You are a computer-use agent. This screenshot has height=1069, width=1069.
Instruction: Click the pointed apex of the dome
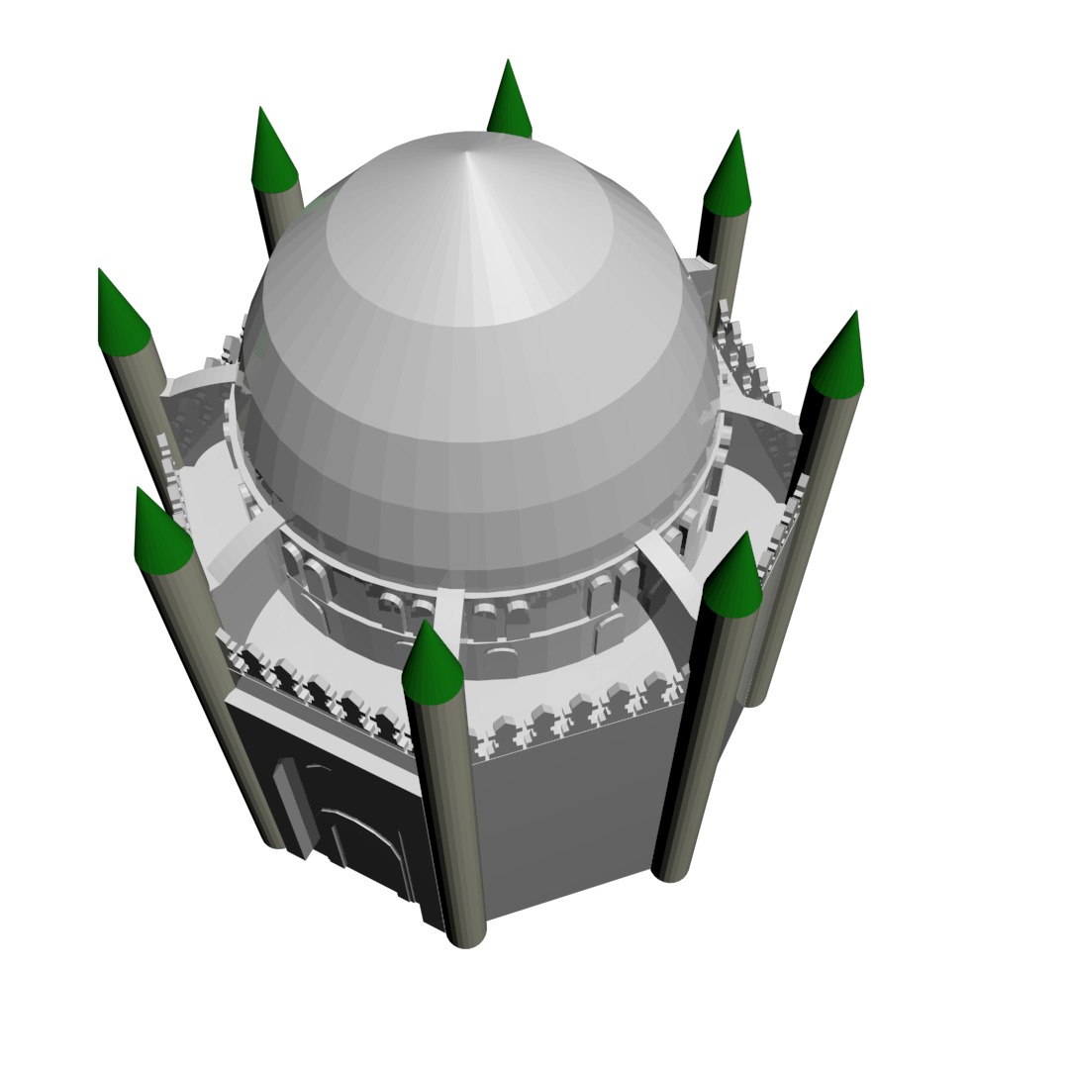(x=468, y=151)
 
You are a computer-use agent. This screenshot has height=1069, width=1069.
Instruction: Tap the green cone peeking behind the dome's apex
(x=509, y=100)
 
